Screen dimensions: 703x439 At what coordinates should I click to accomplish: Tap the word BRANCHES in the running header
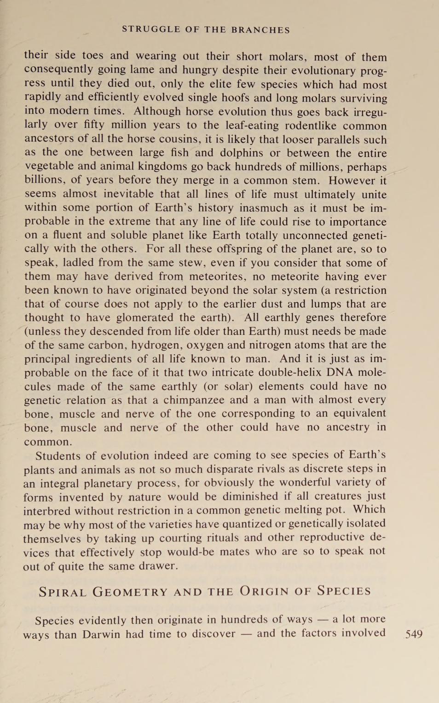[260, 30]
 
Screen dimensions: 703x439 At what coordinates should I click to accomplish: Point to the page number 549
[414, 634]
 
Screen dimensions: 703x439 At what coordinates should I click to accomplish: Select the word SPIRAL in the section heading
[63, 592]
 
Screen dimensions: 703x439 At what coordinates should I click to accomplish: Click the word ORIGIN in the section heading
[264, 591]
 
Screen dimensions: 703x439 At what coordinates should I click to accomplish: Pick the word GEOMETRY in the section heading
[130, 592]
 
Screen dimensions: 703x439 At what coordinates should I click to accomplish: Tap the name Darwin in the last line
[102, 634]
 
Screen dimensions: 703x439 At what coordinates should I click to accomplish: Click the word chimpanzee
[193, 400]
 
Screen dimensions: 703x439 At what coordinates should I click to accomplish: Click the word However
[351, 180]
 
